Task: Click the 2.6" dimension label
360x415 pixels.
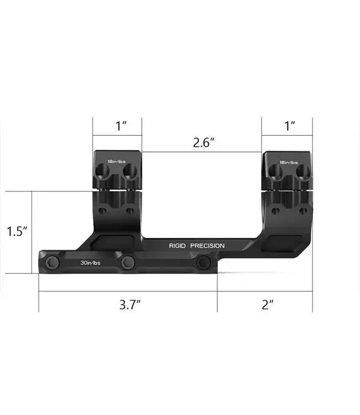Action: tap(204, 142)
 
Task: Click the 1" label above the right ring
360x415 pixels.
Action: tap(290, 126)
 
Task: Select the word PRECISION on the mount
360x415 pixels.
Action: tap(208, 245)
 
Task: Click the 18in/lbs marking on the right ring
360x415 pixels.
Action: tap(289, 162)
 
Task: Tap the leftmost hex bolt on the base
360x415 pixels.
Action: tap(53, 262)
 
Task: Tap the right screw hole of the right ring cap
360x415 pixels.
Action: tap(302, 171)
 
